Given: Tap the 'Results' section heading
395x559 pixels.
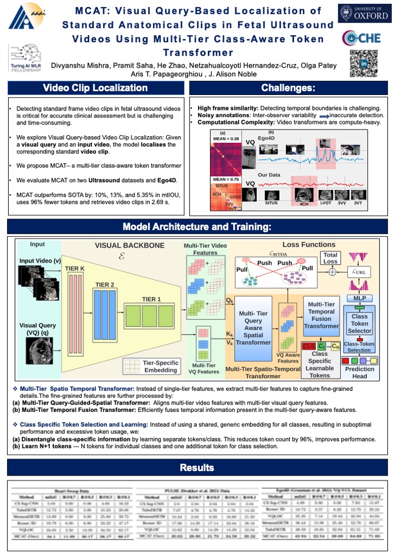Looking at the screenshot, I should [x=197, y=467].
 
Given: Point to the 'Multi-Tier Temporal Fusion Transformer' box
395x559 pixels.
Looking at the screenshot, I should [x=323, y=315].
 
